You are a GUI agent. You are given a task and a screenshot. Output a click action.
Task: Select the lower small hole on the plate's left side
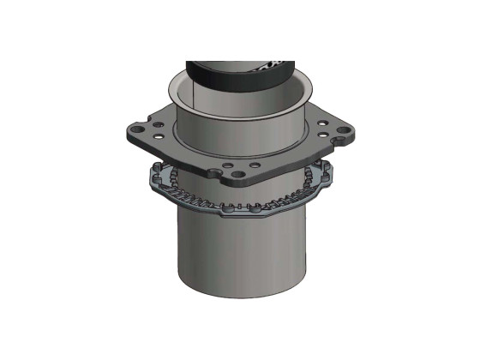pyautogui.click(x=158, y=135)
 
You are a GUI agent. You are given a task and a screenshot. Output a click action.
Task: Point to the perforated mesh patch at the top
pyautogui.click(x=276, y=64)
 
